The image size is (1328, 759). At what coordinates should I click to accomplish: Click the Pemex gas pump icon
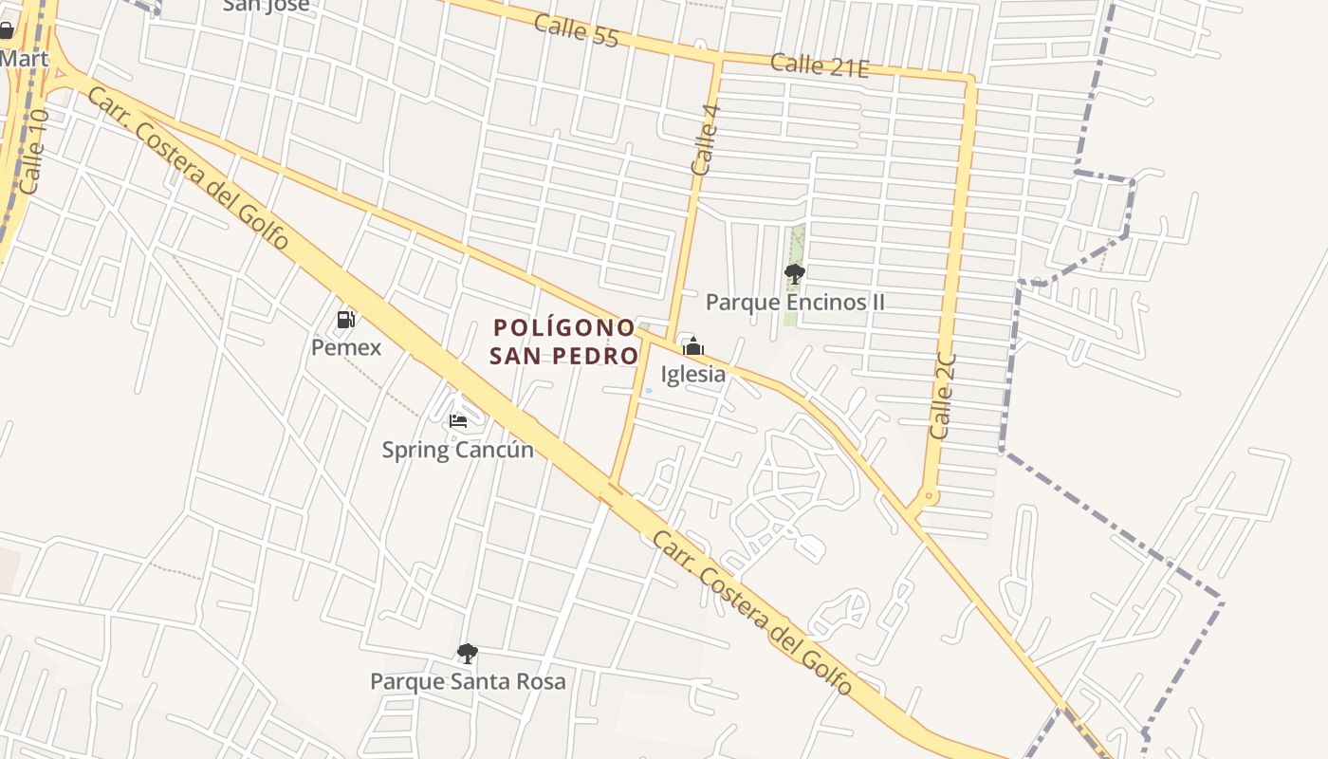(346, 320)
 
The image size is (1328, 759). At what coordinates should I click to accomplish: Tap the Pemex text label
(346, 347)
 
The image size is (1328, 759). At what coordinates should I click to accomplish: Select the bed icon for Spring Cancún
(458, 420)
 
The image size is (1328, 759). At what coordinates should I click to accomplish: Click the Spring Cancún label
(457, 449)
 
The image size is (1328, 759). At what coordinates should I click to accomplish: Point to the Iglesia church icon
(693, 346)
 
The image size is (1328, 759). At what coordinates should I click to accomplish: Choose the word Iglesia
(693, 374)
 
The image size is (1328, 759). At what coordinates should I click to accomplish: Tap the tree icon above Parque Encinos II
(795, 274)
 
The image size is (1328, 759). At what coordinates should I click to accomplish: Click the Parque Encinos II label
(795, 302)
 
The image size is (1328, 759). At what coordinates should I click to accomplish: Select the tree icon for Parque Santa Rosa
(467, 653)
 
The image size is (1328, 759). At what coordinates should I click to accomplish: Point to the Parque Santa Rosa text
(468, 681)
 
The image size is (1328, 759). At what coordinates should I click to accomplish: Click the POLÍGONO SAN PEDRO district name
(564, 342)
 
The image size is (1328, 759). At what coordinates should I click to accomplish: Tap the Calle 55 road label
(576, 30)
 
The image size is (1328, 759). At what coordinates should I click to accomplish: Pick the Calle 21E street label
(820, 65)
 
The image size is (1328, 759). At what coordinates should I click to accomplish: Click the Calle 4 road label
(706, 139)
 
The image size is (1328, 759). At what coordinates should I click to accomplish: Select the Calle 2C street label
(943, 397)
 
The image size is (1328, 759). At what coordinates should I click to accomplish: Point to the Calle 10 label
(32, 152)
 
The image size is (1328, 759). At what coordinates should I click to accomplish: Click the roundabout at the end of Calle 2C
(929, 496)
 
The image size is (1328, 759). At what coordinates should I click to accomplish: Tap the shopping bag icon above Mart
(7, 30)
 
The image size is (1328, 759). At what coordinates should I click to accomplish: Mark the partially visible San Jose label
(266, 6)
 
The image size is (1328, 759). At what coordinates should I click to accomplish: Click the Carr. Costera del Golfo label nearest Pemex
(188, 168)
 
